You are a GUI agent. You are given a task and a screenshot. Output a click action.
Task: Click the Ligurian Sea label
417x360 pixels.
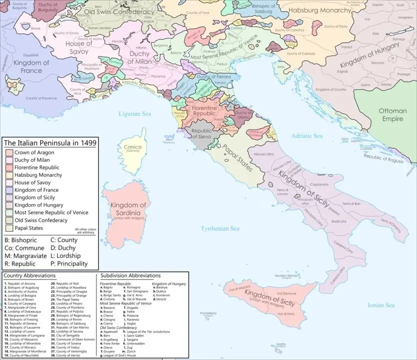pyautogui.click(x=134, y=114)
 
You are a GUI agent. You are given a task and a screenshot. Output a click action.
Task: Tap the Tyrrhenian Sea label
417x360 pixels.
pyautogui.click(x=220, y=228)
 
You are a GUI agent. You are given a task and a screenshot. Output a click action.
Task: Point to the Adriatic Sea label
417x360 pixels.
pyautogui.click(x=307, y=135)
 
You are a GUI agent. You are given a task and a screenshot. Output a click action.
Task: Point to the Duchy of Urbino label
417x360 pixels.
pyautogui.click(x=243, y=116)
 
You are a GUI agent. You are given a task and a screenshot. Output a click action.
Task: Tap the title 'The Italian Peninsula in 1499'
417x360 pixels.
pyautogui.click(x=50, y=143)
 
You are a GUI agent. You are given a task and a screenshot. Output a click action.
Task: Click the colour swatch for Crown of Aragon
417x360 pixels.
pyautogui.click(x=8, y=152)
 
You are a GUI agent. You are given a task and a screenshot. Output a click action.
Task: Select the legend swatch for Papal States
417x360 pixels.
pyautogui.click(x=8, y=228)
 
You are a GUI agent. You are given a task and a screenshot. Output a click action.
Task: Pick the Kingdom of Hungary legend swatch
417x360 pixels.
pyautogui.click(x=8, y=205)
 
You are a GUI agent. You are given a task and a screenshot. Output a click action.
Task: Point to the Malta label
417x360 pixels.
pyautogui.click(x=281, y=344)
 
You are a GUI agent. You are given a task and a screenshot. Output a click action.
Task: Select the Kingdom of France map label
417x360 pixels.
pyautogui.click(x=31, y=66)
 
